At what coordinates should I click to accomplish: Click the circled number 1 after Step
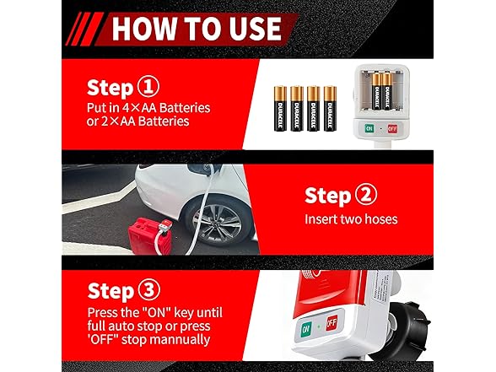[x=148, y=87]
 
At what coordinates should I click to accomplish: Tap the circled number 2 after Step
[x=366, y=195]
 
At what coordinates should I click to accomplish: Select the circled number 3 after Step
[x=149, y=290]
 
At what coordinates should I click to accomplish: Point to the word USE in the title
[x=256, y=29]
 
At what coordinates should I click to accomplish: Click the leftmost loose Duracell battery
[x=280, y=109]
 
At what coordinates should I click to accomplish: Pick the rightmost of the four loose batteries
[x=330, y=109]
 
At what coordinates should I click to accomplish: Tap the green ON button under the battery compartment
[x=369, y=128]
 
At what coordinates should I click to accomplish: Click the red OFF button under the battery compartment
[x=392, y=128]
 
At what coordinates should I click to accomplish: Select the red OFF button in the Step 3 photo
[x=332, y=322]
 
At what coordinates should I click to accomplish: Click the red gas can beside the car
[x=150, y=235]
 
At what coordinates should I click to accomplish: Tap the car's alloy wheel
[x=217, y=224]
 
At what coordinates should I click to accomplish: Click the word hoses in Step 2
[x=381, y=219]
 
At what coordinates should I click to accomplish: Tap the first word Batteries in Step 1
[x=185, y=108]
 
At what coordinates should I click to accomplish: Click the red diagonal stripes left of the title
[x=84, y=29]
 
